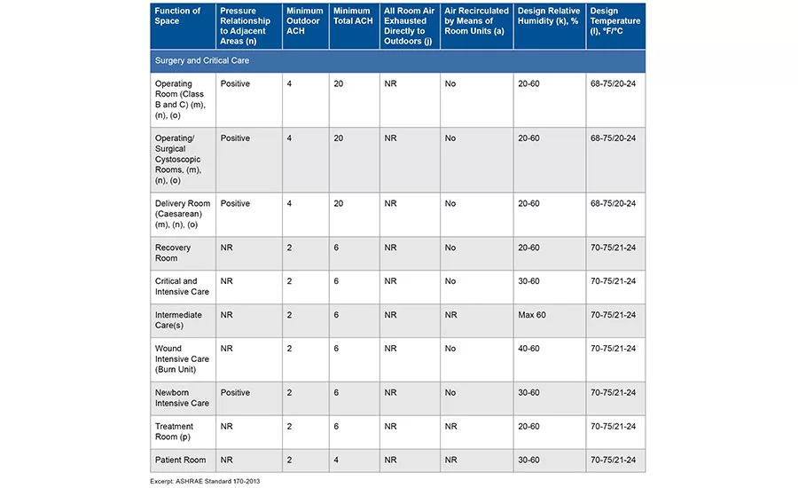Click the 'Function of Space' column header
coord(177,16)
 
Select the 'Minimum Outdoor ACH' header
coord(304,21)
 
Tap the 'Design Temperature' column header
coord(614,21)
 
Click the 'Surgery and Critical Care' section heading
coord(202,60)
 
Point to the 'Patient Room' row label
coord(181,460)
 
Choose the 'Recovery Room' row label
coord(173,253)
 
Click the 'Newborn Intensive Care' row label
coord(182,397)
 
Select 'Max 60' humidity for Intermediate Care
coord(532,315)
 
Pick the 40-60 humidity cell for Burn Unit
coord(528,349)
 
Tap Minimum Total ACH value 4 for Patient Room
coord(336,460)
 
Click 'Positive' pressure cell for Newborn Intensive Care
coord(235,393)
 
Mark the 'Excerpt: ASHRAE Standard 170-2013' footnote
coord(205,481)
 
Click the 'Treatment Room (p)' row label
coord(174,431)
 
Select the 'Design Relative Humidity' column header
coord(549,16)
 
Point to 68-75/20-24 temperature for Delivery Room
coord(614,204)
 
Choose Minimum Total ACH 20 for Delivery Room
coord(339,204)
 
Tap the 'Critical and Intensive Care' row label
coord(182,287)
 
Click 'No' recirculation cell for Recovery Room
coord(450,248)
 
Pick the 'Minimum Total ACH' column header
coord(353,16)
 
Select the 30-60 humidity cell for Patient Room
coord(528,460)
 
